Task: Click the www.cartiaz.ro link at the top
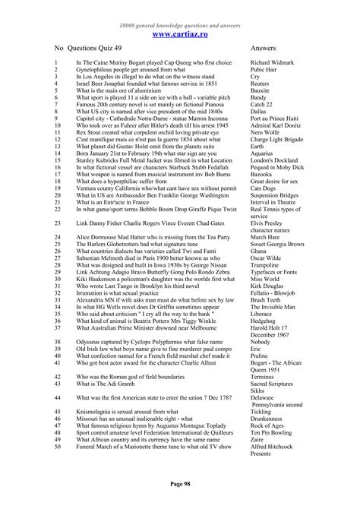pyautogui.click(x=180, y=34)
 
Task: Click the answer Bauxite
pyautogui.click(x=260, y=90)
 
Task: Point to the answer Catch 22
pyautogui.click(x=261, y=105)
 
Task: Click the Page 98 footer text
pyautogui.click(x=180, y=483)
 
